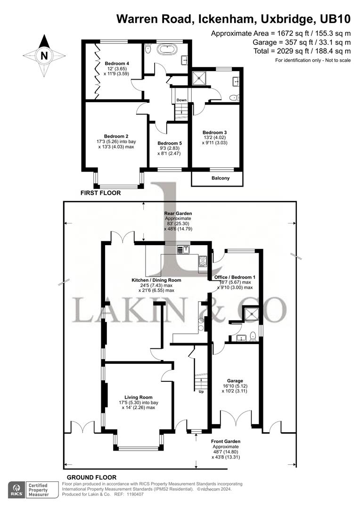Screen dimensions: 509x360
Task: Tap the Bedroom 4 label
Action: point(117,64)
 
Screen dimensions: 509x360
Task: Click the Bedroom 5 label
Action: point(169,143)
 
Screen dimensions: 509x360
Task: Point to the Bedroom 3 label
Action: point(214,132)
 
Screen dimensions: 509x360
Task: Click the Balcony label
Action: point(217,178)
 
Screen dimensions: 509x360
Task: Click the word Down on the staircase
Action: point(181,100)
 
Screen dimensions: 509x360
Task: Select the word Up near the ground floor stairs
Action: point(201,392)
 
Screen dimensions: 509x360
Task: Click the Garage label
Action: point(235,381)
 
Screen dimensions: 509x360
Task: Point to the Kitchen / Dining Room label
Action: point(156,280)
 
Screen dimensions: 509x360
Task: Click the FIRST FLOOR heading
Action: point(100,193)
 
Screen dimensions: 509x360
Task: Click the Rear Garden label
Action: point(178,213)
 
